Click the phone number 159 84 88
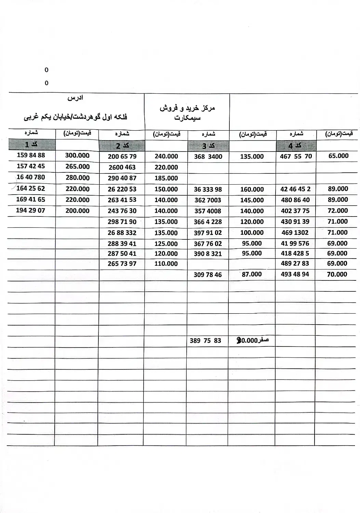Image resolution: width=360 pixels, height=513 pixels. pyautogui.click(x=31, y=155)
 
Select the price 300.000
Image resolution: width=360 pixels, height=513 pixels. pyautogui.click(x=77, y=156)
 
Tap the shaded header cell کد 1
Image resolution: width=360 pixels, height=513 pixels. pyautogui.click(x=31, y=145)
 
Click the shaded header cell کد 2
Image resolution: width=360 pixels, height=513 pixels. pyautogui.click(x=122, y=146)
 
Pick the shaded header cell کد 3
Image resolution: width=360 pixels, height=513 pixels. pyautogui.click(x=208, y=146)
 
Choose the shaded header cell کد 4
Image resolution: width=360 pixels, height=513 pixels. pyautogui.click(x=295, y=146)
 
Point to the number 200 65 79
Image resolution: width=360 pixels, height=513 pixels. pyautogui.click(x=122, y=157)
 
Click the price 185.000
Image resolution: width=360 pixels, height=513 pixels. pyautogui.click(x=166, y=178)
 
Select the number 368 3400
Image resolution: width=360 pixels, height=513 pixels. pyautogui.click(x=208, y=157)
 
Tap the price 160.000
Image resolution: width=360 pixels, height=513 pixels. pyautogui.click(x=252, y=189)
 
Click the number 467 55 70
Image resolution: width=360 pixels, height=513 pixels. pyautogui.click(x=296, y=156)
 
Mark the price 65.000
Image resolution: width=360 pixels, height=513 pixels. pyautogui.click(x=338, y=156)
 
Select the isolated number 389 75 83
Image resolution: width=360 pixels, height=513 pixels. pyautogui.click(x=205, y=341)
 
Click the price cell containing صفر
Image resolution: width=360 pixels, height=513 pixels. pyautogui.click(x=252, y=341)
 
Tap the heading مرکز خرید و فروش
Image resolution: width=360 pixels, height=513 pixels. pyautogui.click(x=187, y=108)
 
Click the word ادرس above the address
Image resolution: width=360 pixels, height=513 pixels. pyautogui.click(x=75, y=98)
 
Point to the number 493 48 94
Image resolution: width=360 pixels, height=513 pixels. pyautogui.click(x=295, y=274)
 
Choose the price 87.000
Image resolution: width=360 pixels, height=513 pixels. pyautogui.click(x=252, y=274)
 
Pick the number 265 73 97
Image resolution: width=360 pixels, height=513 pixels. pyautogui.click(x=122, y=264)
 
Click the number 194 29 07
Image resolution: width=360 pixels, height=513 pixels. pyautogui.click(x=30, y=210)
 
